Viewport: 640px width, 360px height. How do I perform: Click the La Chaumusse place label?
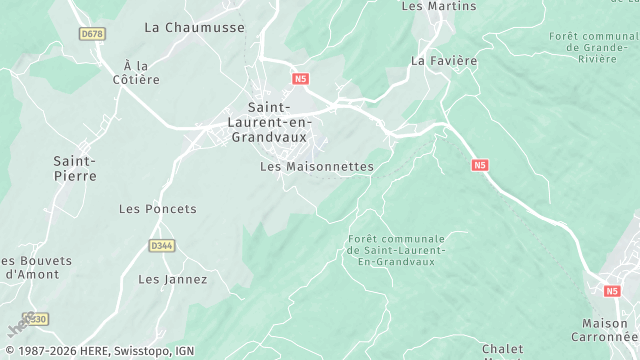194,27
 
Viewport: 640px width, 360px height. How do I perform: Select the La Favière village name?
444,60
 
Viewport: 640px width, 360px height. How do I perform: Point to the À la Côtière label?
136,72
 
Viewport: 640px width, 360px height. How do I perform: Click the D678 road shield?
92,34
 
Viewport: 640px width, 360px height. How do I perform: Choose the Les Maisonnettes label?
316,166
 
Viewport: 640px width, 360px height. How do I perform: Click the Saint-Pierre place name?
75,168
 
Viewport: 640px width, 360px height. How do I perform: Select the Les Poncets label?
158,209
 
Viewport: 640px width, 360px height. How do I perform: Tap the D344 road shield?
161,245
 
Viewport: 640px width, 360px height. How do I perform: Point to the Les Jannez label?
172,279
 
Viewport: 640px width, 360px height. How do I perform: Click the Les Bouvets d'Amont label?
30,267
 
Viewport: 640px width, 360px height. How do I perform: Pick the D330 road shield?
36,319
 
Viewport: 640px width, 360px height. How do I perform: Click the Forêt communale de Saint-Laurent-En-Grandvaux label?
396,249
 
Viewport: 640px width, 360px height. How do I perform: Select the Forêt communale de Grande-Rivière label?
593,46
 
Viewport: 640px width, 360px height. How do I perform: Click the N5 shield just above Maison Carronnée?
612,291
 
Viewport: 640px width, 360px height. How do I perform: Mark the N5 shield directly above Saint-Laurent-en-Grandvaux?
301,77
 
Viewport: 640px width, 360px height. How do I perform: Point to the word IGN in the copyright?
185,351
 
